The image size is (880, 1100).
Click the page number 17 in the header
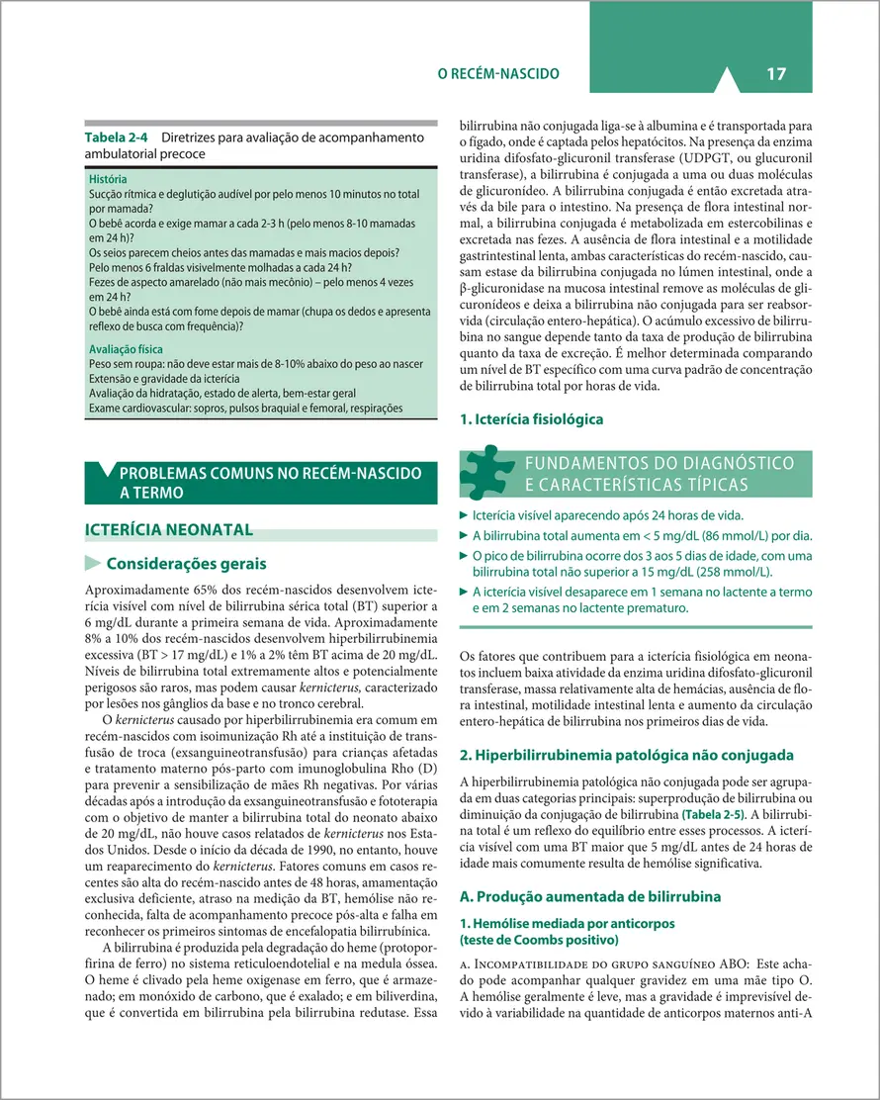pos(774,73)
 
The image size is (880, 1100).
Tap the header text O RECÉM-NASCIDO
pos(498,74)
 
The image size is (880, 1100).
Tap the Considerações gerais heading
pos(185,565)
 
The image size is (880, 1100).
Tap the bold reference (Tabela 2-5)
pos(698,814)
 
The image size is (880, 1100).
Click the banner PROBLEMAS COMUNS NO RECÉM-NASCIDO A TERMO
pos(270,482)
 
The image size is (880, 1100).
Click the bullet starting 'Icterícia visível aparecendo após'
pos(608,515)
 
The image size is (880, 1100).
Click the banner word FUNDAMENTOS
pos(582,463)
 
